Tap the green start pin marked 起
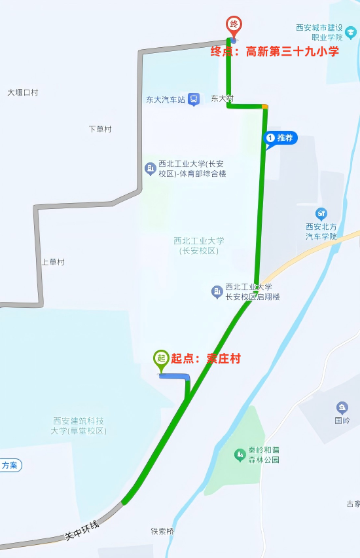pos(161,358)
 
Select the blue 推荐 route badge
pos(281,138)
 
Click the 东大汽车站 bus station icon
pos(194,99)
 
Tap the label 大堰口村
pos(23,92)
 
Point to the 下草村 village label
pos(100,129)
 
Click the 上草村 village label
pos(53,262)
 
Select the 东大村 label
pos(222,99)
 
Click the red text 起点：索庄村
pos(206,358)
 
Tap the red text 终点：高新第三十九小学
pos(274,51)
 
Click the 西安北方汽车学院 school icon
pos(321,214)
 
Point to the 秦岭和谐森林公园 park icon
pos(240,454)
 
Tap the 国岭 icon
pos(342,407)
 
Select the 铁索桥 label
pos(162,531)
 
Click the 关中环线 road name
pos(82,530)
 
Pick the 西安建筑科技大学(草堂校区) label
pos(79,426)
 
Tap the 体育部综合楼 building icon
pos(151,169)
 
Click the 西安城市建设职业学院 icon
pos(351,32)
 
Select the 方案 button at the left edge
pos(10,466)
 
